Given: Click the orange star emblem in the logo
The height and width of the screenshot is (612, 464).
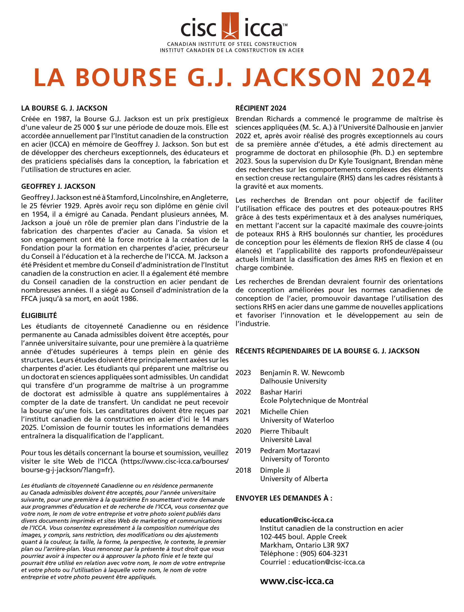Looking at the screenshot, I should click(x=230, y=26).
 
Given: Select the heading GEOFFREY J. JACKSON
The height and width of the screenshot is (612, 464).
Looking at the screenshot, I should click(x=58, y=186).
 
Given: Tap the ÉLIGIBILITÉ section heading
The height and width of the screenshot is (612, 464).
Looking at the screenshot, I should click(x=39, y=315).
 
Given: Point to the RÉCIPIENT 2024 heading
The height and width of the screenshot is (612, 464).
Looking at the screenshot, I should click(x=261, y=108).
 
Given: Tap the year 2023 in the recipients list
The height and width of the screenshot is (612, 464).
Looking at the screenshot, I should click(x=243, y=373).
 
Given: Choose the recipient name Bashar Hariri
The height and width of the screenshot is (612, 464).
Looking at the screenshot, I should click(x=281, y=392).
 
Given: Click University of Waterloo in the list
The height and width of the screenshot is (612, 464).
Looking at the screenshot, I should click(x=297, y=420).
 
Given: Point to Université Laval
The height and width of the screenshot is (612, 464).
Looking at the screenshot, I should click(x=286, y=440).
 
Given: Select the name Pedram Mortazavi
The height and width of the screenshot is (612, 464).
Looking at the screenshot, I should click(x=290, y=451).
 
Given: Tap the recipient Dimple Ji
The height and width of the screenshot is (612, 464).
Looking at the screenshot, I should click(x=275, y=470).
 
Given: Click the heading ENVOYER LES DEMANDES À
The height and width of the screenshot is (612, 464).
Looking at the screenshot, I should click(x=284, y=498).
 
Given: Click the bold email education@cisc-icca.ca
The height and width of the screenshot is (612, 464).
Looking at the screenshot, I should click(x=297, y=520).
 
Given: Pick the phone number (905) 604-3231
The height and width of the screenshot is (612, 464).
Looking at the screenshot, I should click(x=324, y=554).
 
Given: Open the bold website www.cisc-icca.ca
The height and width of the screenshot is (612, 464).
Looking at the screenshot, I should click(x=297, y=581).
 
